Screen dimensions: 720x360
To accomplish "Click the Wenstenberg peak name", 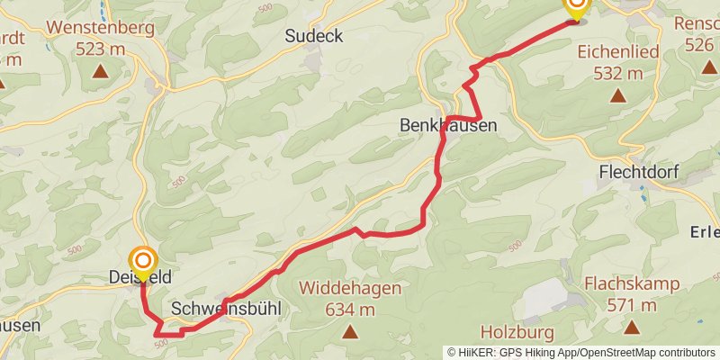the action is [x=100, y=27].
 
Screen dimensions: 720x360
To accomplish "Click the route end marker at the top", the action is [x=575, y=6].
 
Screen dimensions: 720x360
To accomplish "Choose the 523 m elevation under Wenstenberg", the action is [x=100, y=49].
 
